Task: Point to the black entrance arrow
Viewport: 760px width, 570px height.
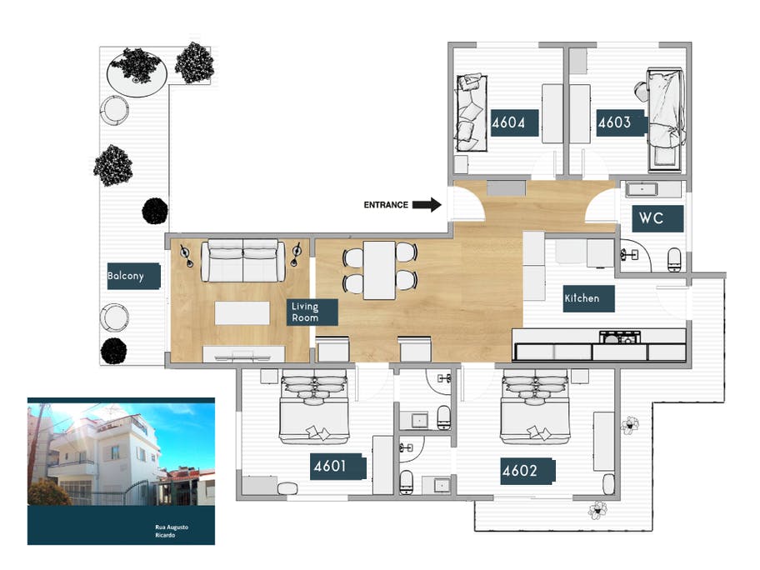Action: point(427,205)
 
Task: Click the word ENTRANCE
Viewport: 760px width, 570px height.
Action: point(386,205)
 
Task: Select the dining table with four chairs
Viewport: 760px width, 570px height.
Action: point(380,269)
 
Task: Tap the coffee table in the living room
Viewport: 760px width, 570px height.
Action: point(242,312)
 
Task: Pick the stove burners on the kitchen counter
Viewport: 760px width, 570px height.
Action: point(621,337)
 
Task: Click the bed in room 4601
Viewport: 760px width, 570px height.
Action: point(312,408)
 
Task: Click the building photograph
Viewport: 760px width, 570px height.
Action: point(121,454)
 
